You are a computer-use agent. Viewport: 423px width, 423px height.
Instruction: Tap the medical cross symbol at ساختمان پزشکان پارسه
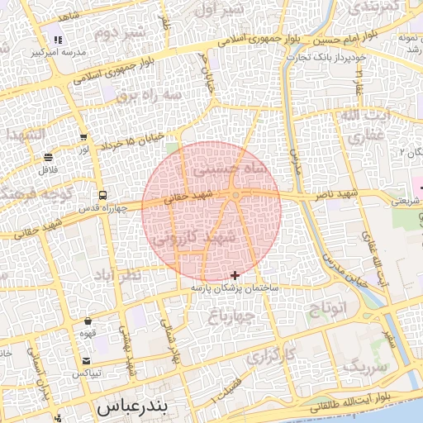pos(235,275)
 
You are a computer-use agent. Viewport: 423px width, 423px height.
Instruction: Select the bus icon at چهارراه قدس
pos(102,196)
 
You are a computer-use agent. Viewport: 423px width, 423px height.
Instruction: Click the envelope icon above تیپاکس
pos(87,361)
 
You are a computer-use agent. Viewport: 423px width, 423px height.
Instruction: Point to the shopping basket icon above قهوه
pos(88,321)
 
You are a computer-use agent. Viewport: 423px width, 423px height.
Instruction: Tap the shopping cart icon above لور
pos(83,138)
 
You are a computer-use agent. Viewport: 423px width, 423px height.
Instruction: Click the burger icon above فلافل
pos(48,157)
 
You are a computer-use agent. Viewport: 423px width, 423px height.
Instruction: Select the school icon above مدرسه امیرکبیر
pos(57,39)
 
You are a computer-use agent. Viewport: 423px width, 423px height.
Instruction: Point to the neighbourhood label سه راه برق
pos(147,95)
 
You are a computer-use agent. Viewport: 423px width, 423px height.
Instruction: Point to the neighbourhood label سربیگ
pos(364,364)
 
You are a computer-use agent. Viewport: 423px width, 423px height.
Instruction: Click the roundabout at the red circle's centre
pos(236,195)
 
